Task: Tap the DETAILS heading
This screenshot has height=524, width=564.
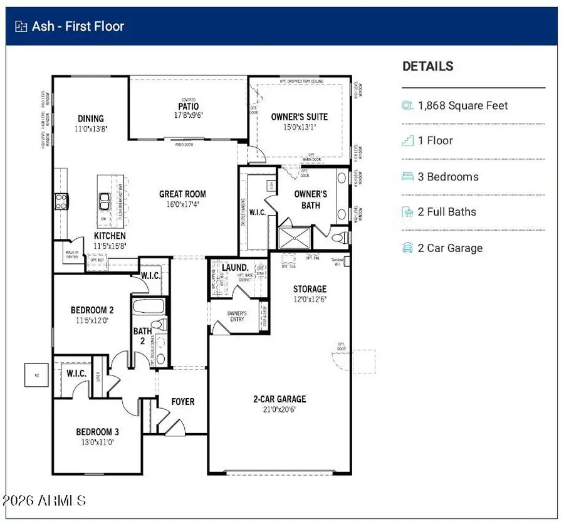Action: click(x=427, y=66)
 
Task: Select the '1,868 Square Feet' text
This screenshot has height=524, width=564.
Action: click(x=462, y=106)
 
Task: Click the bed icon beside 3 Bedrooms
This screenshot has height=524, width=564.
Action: click(x=407, y=177)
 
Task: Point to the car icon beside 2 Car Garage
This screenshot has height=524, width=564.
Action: click(x=407, y=248)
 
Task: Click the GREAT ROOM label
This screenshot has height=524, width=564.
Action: click(x=182, y=194)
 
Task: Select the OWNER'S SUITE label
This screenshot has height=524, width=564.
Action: click(x=299, y=117)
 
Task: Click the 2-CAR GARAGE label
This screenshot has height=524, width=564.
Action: click(x=279, y=399)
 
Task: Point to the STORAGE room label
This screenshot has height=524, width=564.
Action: click(x=310, y=289)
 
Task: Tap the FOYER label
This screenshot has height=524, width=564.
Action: click(x=183, y=402)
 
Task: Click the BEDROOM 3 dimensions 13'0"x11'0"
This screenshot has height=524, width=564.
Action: click(x=98, y=442)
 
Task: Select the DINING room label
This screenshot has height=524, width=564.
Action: click(x=91, y=118)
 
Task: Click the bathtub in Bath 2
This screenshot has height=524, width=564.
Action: click(x=149, y=308)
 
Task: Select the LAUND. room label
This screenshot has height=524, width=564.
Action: click(x=236, y=268)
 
